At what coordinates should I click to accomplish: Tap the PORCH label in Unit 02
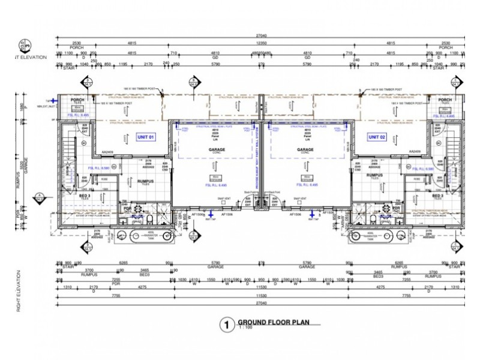[445, 100]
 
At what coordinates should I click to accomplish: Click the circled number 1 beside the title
[226, 325]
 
